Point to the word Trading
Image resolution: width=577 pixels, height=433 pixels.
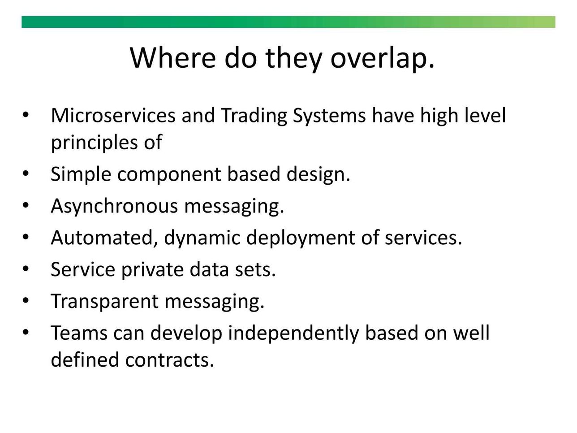pyautogui.click(x=254, y=116)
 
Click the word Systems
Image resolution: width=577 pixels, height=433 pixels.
pyautogui.click(x=329, y=116)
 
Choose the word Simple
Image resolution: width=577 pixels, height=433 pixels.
pyautogui.click(x=81, y=175)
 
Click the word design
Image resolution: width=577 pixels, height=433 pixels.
pyautogui.click(x=319, y=175)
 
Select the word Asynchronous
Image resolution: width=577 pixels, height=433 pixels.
pyautogui.click(x=114, y=206)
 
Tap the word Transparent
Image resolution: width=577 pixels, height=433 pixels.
pyautogui.click(x=104, y=302)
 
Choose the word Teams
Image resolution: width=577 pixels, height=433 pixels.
pyautogui.click(x=79, y=333)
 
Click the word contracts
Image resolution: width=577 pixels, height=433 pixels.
pyautogui.click(x=169, y=360)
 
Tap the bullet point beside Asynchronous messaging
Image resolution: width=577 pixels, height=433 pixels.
pyautogui.click(x=25, y=205)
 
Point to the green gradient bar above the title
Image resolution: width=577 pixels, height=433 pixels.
pyautogui.click(x=288, y=22)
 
